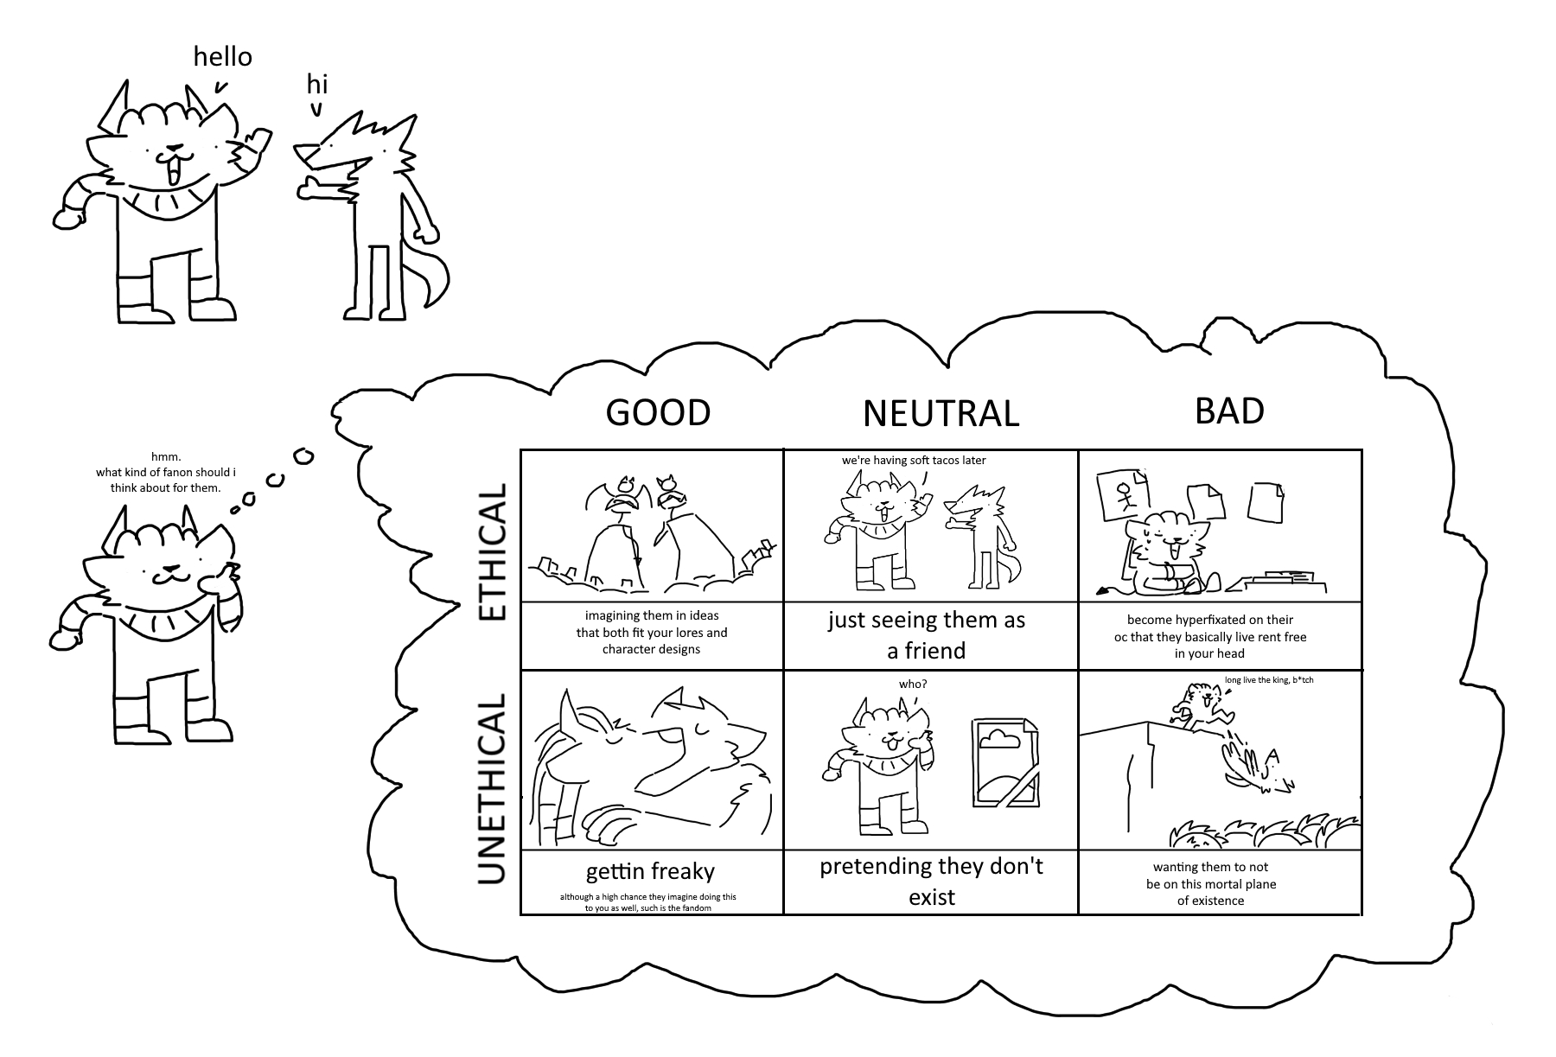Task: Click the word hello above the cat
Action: (x=222, y=57)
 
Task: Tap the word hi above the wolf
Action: (x=317, y=85)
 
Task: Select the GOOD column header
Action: (x=658, y=412)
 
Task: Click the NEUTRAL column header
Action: (x=941, y=413)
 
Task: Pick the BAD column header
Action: (x=1228, y=411)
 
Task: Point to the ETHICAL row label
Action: (x=492, y=551)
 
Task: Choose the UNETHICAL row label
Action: (x=492, y=787)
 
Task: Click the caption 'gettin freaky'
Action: (x=650, y=870)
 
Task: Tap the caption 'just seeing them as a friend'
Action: (x=926, y=635)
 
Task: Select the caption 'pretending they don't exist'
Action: (x=931, y=881)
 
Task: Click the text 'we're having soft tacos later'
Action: (x=913, y=460)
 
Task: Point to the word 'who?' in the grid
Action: (x=913, y=684)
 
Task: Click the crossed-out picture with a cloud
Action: (x=1005, y=761)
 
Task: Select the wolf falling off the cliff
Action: (x=1258, y=765)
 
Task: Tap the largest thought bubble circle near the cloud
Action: (x=303, y=455)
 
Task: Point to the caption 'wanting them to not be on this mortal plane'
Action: (x=1210, y=883)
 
